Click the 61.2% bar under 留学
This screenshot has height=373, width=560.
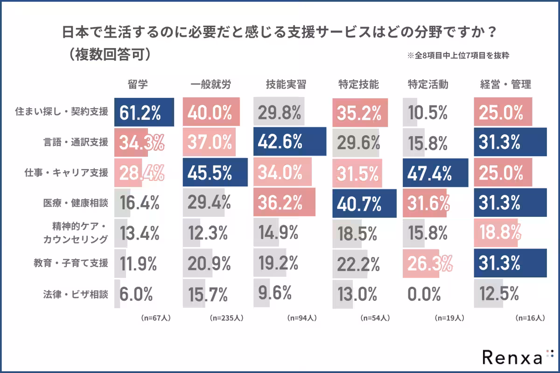point(144,112)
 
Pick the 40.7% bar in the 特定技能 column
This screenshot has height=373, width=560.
point(364,203)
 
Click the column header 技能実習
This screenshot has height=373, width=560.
point(286,84)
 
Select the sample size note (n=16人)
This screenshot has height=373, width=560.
point(530,318)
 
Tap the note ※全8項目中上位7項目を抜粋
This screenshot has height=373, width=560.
point(457,55)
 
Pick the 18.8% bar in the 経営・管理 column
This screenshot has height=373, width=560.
point(497,233)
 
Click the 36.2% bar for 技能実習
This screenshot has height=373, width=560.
point(284,203)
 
